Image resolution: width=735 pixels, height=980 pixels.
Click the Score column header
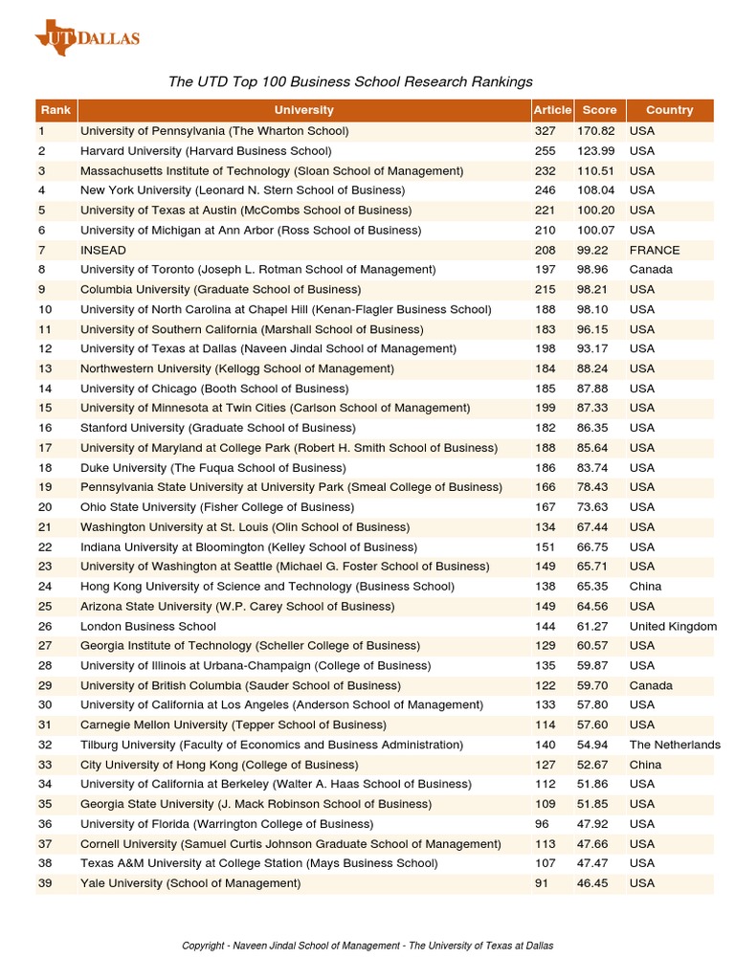[599, 110]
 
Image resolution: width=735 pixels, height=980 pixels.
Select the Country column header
[669, 110]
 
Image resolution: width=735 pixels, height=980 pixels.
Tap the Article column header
[552, 110]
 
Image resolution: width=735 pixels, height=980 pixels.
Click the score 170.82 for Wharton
[595, 131]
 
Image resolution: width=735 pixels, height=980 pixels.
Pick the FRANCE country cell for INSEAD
[655, 250]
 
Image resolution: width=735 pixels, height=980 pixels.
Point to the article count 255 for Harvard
[545, 151]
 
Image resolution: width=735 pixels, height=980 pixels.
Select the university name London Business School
[148, 626]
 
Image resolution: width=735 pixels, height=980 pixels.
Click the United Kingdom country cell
[673, 626]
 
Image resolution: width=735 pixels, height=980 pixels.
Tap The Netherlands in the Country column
[675, 745]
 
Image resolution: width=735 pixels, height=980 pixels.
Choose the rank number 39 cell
[45, 883]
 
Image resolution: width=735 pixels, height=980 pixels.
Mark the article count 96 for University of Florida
[542, 824]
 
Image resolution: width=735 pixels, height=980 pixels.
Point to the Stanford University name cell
[217, 428]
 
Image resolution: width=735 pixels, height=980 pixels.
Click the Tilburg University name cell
[271, 745]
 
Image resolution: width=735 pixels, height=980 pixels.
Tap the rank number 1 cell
[42, 131]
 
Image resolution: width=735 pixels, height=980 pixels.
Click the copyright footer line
[367, 946]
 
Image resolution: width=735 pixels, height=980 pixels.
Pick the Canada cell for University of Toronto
[651, 270]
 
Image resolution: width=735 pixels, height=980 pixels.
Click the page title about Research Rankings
[350, 82]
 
